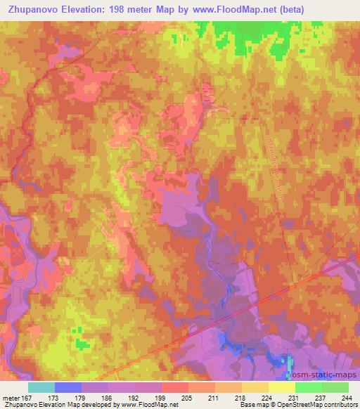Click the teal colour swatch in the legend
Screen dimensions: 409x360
[41, 387]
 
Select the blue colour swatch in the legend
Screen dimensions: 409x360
[68, 387]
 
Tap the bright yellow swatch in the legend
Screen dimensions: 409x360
[282, 387]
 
